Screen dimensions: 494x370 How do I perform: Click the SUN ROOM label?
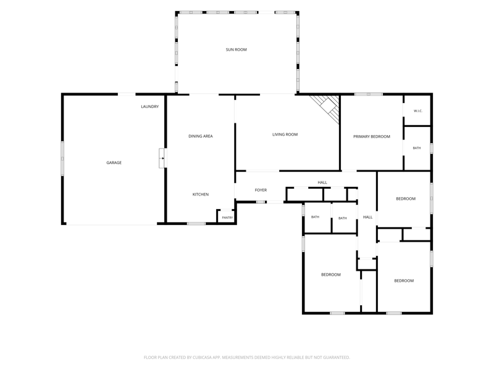236,50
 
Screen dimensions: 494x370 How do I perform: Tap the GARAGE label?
114,163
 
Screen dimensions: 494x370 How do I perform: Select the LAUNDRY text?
149,107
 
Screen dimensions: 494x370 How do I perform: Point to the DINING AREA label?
200,136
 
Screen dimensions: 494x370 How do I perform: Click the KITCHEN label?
200,194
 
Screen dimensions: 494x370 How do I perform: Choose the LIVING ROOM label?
285,134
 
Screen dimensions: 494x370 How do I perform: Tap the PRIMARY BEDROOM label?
372,136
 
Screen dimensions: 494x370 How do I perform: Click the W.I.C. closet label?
418,111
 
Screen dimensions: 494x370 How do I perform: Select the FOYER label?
261,191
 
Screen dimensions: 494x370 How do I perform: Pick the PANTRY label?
227,218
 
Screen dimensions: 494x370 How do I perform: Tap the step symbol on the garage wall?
162,158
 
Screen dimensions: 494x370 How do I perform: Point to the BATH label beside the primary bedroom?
416,148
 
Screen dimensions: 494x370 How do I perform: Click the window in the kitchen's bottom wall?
196,224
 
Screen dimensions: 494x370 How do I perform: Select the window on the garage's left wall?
62,158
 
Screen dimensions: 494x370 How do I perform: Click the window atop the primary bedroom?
368,94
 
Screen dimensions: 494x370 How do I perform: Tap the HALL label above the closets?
322,183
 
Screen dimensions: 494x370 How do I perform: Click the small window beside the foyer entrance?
261,202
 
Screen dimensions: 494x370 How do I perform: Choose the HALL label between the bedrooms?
367,217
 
